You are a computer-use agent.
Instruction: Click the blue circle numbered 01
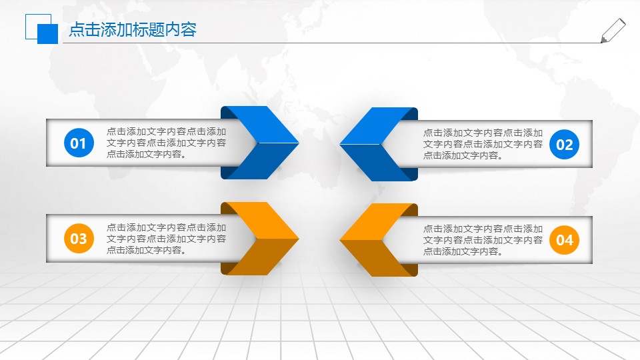click(x=79, y=143)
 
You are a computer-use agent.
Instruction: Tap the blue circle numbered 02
click(x=565, y=145)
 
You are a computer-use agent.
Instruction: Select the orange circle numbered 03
click(x=79, y=238)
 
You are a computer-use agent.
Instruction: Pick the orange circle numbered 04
click(x=565, y=239)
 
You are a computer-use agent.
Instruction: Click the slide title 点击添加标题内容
click(x=133, y=30)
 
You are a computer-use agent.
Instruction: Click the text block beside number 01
click(x=166, y=143)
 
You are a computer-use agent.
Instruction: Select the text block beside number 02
click(x=483, y=144)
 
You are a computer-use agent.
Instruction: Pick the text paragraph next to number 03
click(x=166, y=238)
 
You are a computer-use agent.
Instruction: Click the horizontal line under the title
click(x=333, y=43)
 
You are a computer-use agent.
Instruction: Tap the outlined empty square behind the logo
click(x=31, y=21)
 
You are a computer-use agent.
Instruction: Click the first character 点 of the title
click(x=76, y=30)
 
